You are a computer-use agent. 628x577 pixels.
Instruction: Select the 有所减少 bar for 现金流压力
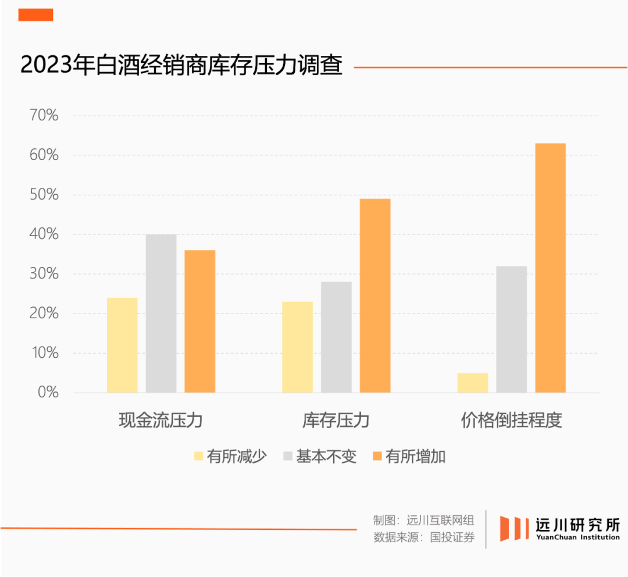tap(123, 345)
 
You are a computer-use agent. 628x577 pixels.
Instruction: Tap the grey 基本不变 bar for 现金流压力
tap(161, 314)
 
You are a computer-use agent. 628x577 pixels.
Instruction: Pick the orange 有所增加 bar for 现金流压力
tap(200, 321)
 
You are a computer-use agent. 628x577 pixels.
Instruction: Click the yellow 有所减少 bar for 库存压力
tap(298, 347)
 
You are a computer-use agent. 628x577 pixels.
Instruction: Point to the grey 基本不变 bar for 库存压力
tap(336, 337)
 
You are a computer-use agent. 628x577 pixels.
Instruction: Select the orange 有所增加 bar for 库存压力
tap(375, 295)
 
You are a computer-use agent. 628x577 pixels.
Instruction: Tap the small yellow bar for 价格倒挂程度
tap(473, 382)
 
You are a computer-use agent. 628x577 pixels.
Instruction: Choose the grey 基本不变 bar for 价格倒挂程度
tap(512, 329)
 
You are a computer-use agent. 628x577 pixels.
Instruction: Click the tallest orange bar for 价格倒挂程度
tap(551, 268)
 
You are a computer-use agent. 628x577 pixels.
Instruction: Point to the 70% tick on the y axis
tap(44, 116)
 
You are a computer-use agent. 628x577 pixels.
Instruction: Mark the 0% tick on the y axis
tap(48, 393)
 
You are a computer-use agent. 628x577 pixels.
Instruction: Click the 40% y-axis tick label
tap(44, 234)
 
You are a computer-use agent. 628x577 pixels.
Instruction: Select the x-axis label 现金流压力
tap(160, 420)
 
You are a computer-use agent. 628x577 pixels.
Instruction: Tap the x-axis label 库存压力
tap(336, 420)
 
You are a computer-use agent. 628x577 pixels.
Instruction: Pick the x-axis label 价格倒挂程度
tap(512, 420)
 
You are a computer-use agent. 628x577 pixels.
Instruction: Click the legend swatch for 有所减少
tap(198, 457)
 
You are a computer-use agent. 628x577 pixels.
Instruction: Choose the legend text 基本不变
tap(326, 457)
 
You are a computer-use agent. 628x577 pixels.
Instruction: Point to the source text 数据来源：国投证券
tap(424, 537)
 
